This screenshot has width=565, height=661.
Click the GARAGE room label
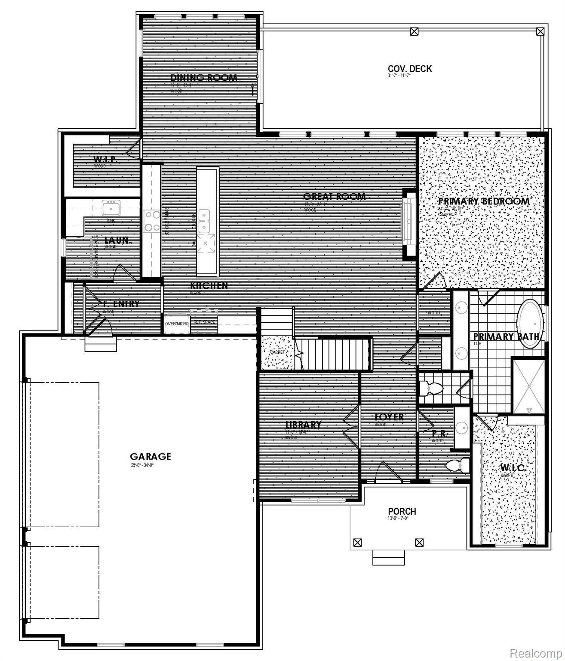150,457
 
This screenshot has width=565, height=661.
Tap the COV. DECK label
409,69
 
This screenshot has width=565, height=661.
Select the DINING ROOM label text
204,78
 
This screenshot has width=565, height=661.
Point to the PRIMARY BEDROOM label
483,201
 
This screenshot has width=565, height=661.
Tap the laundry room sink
111,208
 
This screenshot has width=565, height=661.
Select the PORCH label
402,511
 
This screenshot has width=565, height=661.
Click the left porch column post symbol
357,543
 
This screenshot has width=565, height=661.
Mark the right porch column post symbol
419,543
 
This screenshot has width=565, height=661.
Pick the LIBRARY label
304,425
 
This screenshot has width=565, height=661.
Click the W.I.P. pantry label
106,160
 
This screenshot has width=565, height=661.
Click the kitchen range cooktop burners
151,221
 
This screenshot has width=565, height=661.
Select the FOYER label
389,417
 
